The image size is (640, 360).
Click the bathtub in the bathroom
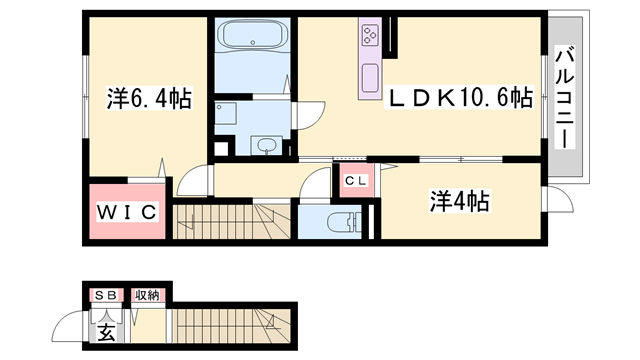[x=253, y=34]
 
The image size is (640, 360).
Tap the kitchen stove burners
[x=371, y=35]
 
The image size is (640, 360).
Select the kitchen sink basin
[x=370, y=78]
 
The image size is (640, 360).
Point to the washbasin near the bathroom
[x=265, y=145]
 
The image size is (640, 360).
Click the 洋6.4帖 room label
[x=149, y=99]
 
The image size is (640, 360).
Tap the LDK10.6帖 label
[x=460, y=97]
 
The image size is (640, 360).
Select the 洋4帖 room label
[x=460, y=201]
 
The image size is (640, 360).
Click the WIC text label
[x=127, y=212]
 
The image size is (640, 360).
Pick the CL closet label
[x=356, y=180]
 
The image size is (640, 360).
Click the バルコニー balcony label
[x=565, y=98]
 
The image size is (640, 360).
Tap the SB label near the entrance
[x=106, y=295]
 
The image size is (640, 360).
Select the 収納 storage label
[x=147, y=295]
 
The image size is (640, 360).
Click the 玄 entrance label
[x=106, y=332]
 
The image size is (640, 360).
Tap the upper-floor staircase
[x=231, y=221]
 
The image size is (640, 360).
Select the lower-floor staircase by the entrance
[x=231, y=326]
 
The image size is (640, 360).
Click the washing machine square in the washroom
[x=225, y=113]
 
